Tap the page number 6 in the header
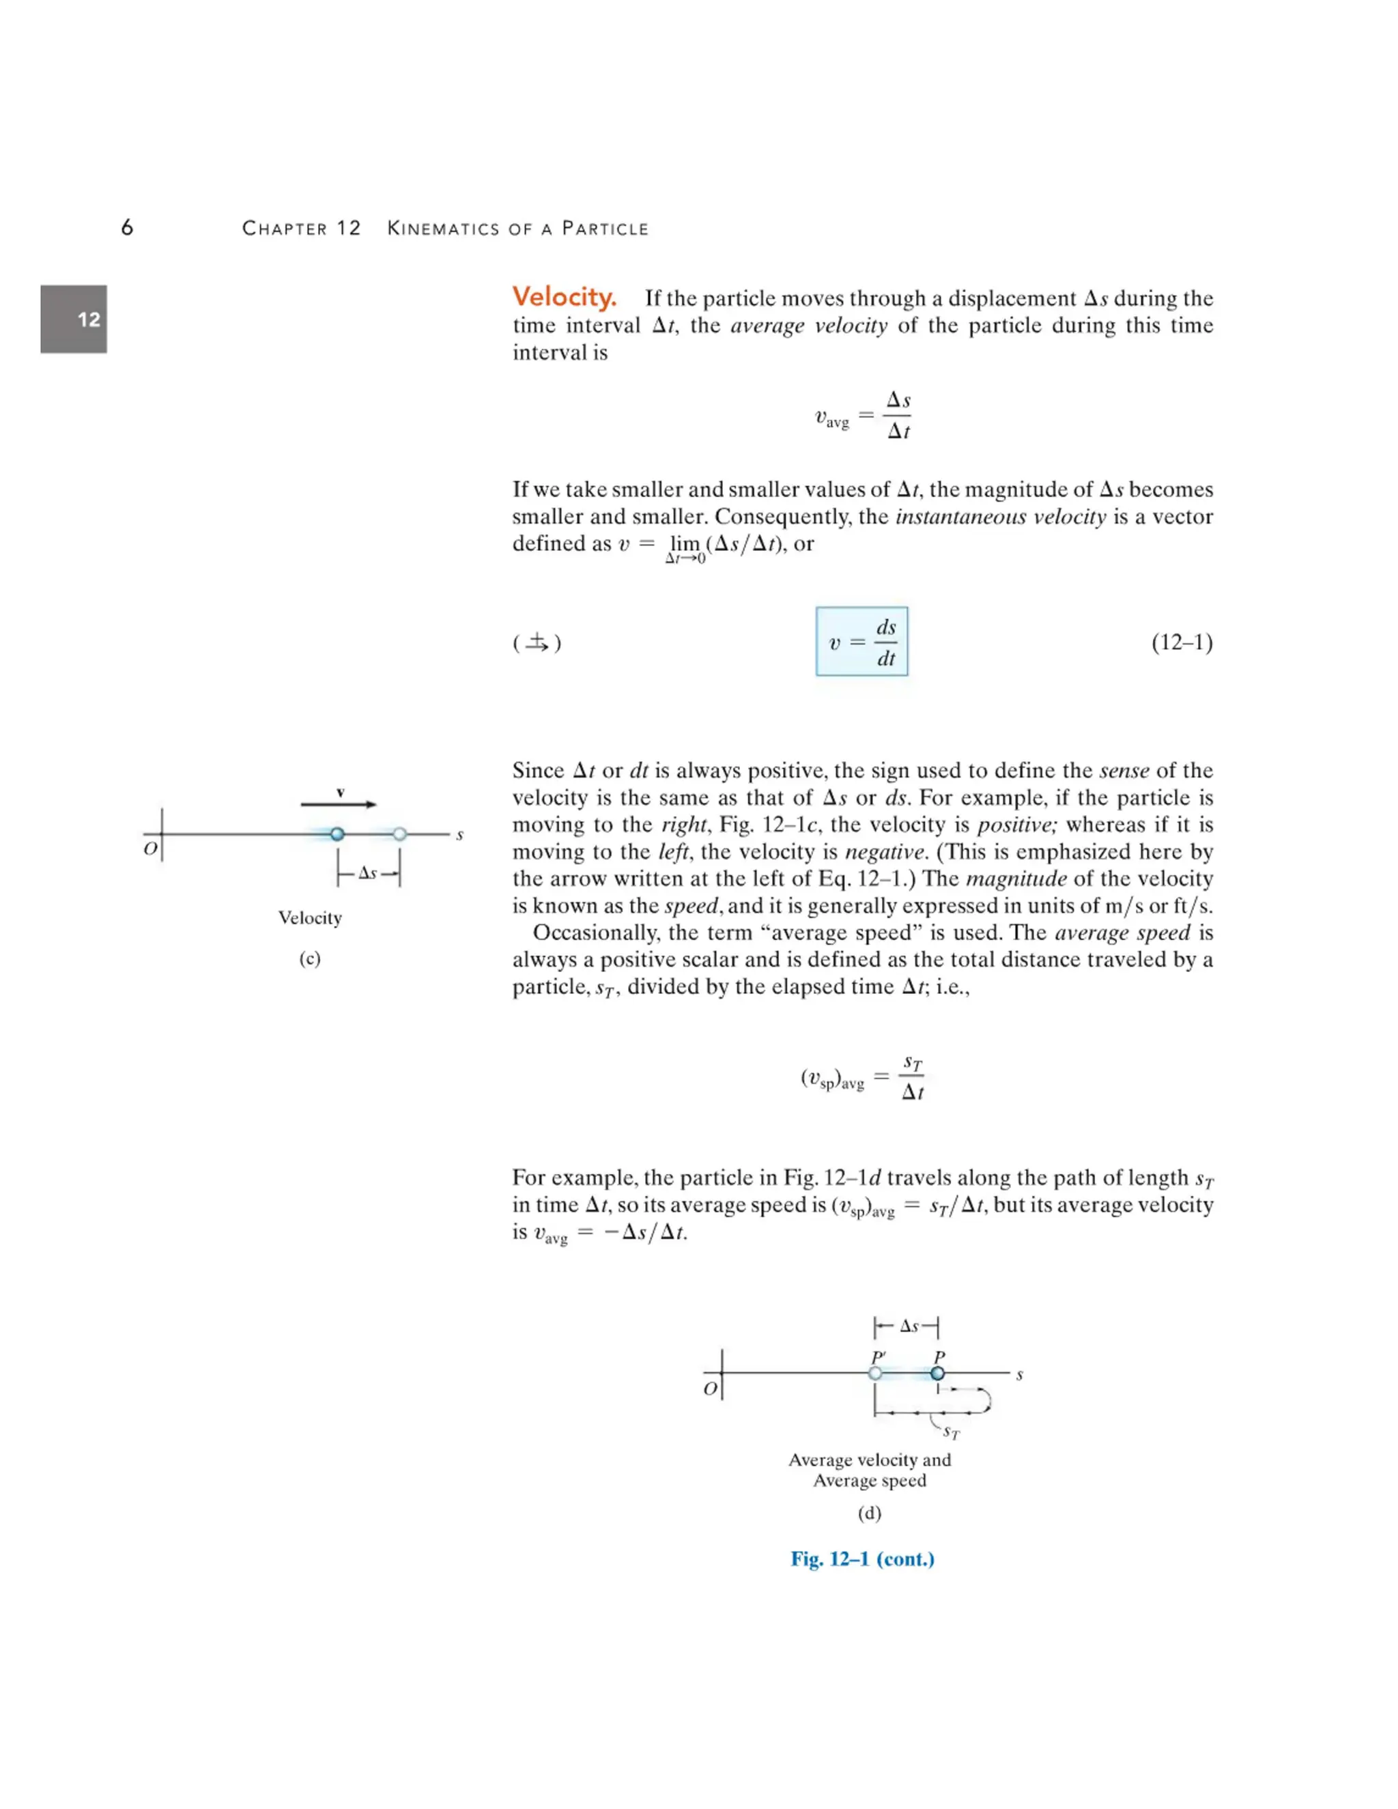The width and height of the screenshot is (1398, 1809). (127, 228)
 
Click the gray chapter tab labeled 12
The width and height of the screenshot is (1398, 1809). (74, 319)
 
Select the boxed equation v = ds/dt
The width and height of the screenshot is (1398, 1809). (861, 642)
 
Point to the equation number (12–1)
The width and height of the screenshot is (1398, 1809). (1181, 643)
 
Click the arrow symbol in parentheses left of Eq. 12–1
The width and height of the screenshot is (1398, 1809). (537, 643)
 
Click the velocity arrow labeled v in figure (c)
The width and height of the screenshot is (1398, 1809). (338, 803)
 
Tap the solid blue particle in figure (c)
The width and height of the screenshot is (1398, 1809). (337, 834)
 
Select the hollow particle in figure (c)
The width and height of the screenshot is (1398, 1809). (400, 834)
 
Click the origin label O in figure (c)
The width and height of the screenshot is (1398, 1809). (150, 849)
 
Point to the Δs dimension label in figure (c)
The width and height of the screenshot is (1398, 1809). (368, 873)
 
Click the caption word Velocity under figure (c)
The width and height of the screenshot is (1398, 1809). (310, 917)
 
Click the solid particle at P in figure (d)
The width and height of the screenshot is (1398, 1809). (937, 1373)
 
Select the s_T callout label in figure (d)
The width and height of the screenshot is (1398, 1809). (951, 1432)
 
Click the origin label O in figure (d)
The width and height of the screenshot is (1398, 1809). (710, 1388)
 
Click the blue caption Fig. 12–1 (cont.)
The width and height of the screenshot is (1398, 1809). (862, 1559)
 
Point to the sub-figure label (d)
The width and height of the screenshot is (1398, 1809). (869, 1513)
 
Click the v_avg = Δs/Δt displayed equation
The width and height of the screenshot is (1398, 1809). (862, 416)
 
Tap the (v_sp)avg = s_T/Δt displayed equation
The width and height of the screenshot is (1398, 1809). (862, 1078)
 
